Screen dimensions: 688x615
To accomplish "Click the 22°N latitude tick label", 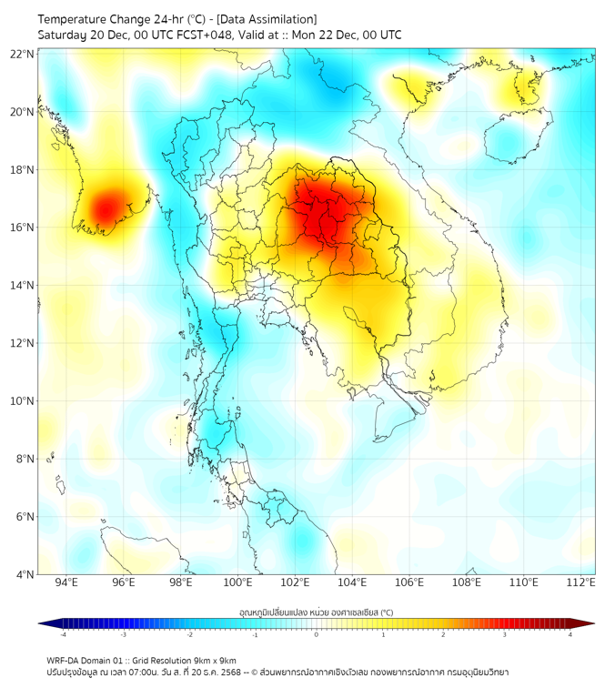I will point(22,54).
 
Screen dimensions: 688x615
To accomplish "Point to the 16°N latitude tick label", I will point(22,228).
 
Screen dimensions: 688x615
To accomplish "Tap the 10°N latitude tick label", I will point(22,401).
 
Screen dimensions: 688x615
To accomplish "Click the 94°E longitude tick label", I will point(66,582).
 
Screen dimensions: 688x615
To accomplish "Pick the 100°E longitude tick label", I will point(238,582).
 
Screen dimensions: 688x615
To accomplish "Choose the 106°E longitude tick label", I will point(410,582).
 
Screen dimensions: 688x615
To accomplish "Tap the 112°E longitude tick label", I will point(582,582).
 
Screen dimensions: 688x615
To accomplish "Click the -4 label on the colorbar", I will point(63,635).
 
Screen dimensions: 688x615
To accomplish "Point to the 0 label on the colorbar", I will point(317,635).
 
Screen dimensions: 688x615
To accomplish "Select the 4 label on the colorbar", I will point(570,635).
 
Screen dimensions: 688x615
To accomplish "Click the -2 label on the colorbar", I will point(189,635).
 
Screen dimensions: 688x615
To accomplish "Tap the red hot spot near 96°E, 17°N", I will point(107,206).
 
